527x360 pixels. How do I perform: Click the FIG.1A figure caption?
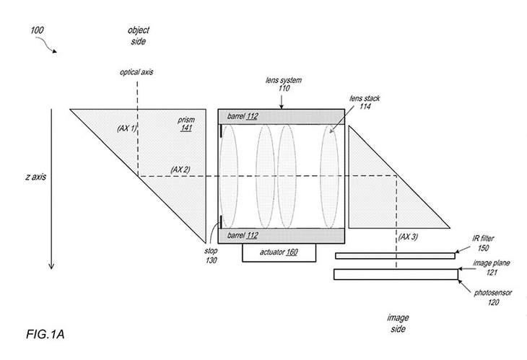tap(45, 335)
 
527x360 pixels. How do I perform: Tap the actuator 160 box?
tap(278, 253)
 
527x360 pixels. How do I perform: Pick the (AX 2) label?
tap(180, 169)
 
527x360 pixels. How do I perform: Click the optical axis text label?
tap(136, 72)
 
